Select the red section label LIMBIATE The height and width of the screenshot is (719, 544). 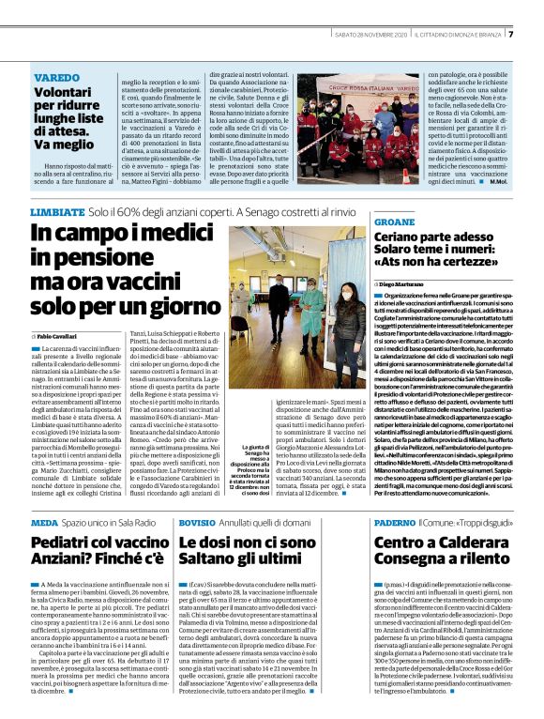(54, 214)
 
